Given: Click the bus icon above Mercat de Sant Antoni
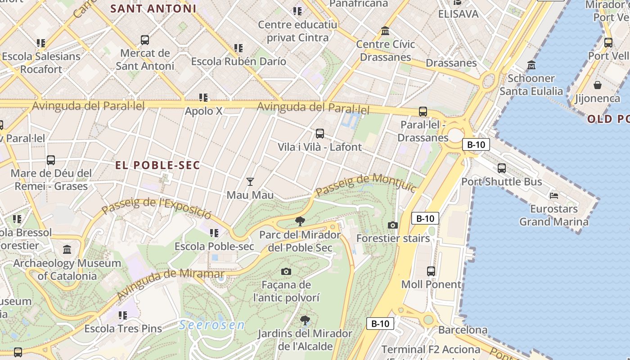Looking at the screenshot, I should (145, 40).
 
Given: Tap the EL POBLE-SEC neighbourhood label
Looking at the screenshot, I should (157, 165).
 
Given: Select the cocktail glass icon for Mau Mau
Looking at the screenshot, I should (250, 182).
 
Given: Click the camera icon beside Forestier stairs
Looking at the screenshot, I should (393, 225).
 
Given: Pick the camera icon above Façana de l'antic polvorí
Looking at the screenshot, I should (286, 271).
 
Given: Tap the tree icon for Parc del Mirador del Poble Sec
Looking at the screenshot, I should (300, 221).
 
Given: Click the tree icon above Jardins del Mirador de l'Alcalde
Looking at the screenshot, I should (305, 320).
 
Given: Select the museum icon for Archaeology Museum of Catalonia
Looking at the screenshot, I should (67, 249).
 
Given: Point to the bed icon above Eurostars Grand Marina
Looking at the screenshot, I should (554, 196).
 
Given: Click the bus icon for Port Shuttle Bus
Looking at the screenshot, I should (502, 168).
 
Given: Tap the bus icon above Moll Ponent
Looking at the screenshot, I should (431, 271).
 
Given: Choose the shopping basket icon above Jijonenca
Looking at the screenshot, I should (598, 85).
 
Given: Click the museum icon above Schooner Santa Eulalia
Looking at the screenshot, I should (531, 65).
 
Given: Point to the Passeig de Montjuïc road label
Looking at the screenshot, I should (365, 184).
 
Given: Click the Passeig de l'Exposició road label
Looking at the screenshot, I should (156, 206).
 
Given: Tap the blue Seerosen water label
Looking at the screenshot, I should (212, 325).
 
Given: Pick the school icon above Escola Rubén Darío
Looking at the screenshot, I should (238, 48).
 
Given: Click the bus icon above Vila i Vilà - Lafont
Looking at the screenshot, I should (320, 133).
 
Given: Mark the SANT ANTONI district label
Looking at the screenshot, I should (153, 8).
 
